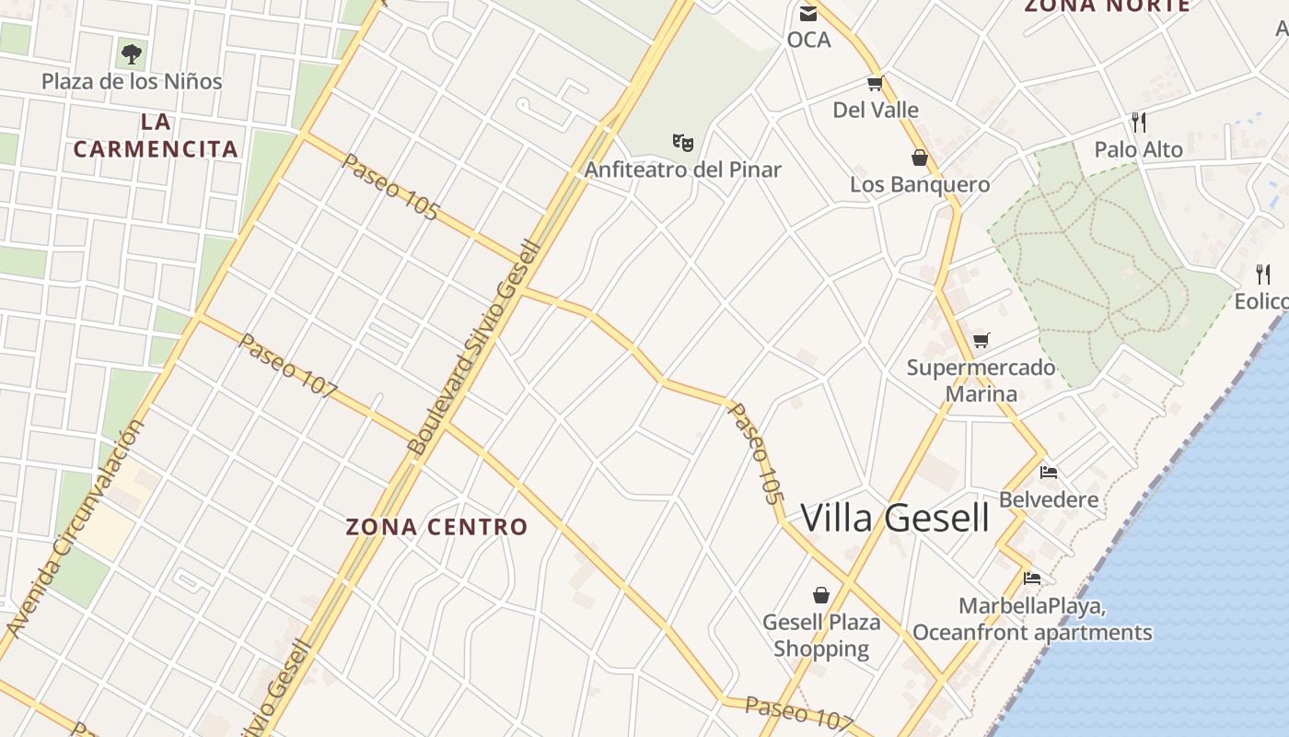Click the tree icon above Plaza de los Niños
pos(132,54)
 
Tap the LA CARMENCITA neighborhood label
pos(156,135)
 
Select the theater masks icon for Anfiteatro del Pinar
pos(682,142)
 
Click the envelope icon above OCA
pos(808,13)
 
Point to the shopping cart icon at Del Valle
pos(875,84)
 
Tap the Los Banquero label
pos(919,184)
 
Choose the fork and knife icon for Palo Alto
pos(1139,122)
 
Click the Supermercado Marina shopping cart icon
pos(981,341)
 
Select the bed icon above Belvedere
pos(1048,474)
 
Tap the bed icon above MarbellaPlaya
pos(1032,579)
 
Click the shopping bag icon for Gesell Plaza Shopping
pos(820,595)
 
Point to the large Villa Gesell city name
pos(895,518)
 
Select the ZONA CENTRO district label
pos(436,527)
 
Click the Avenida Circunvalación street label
pos(75,529)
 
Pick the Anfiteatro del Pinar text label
pos(682,170)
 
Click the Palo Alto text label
pos(1138,149)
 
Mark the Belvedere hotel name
pos(1049,500)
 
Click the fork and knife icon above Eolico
pos(1263,274)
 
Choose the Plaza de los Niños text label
pos(132,81)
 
